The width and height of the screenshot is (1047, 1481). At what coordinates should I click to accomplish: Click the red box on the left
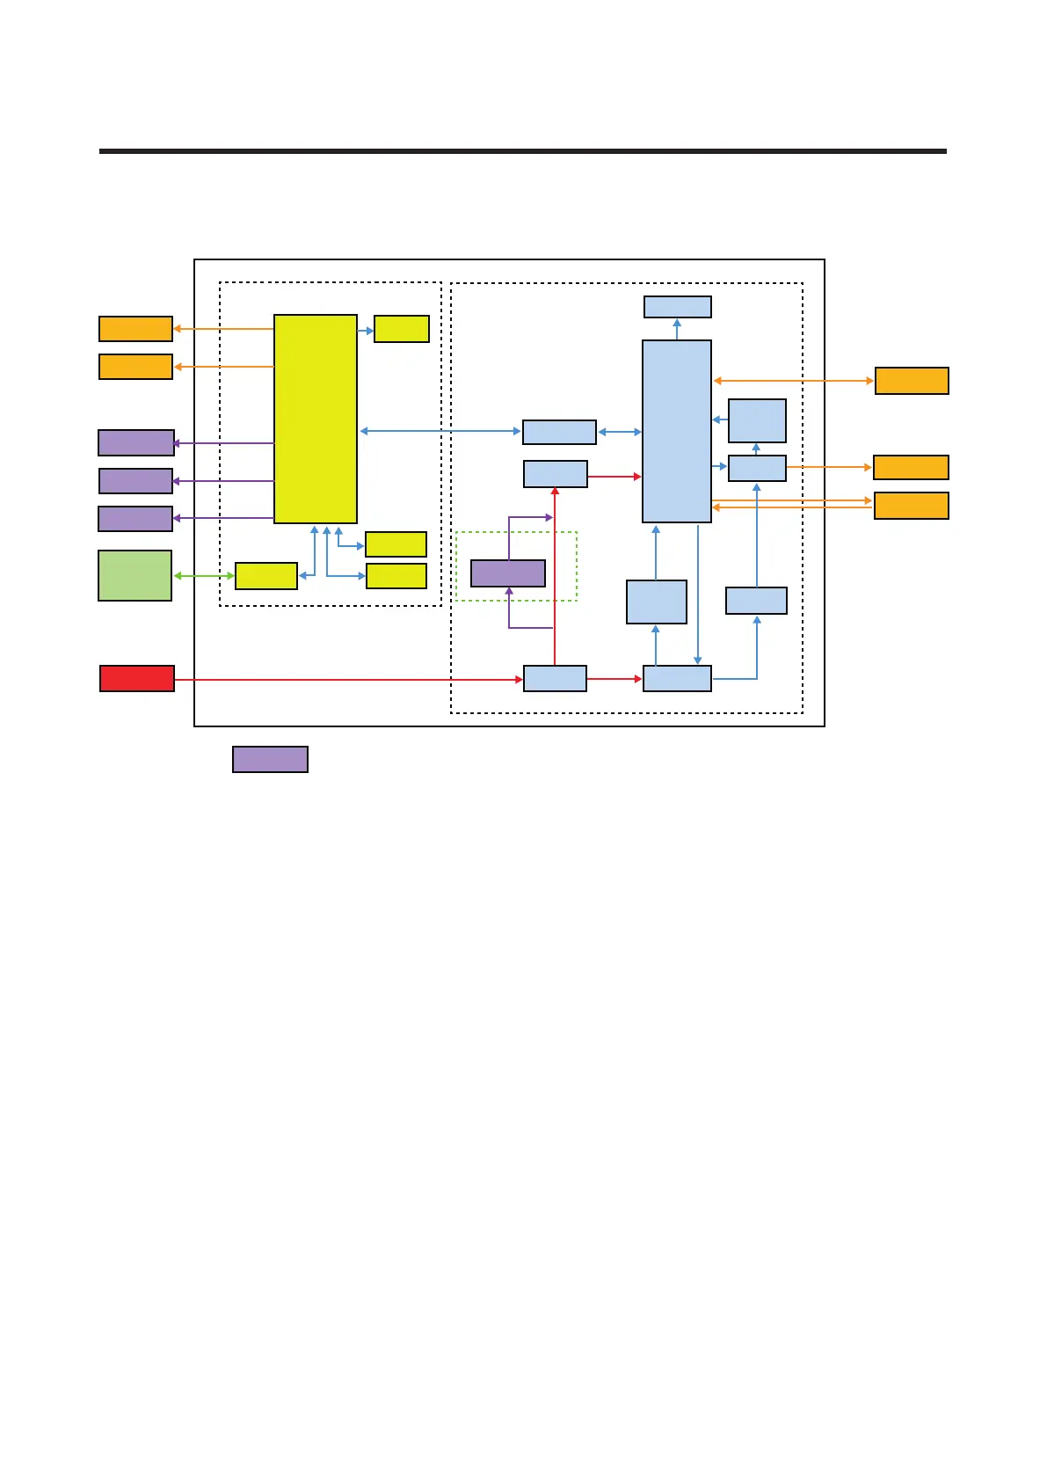tap(136, 679)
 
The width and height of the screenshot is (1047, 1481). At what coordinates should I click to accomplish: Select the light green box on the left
tap(135, 575)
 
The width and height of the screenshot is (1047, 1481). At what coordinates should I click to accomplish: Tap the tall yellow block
tap(315, 419)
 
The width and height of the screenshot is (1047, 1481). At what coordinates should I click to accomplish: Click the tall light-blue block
tap(676, 431)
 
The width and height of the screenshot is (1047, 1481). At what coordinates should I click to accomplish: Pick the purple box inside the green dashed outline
tap(507, 573)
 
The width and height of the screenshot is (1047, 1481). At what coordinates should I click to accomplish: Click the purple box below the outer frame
tap(270, 759)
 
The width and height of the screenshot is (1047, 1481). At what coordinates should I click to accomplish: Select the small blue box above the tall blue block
tap(677, 307)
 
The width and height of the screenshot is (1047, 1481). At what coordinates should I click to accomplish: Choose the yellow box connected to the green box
tap(265, 576)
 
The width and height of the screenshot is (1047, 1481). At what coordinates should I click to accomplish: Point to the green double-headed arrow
tap(203, 576)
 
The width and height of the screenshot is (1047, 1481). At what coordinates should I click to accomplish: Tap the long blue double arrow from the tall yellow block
tap(440, 431)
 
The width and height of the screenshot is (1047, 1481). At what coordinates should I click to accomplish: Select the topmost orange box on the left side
tap(135, 329)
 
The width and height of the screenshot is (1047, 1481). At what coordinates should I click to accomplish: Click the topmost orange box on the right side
tap(912, 381)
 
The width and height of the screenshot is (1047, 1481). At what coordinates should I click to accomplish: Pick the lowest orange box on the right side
tap(911, 506)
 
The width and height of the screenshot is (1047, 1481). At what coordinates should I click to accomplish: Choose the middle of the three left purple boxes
tap(135, 481)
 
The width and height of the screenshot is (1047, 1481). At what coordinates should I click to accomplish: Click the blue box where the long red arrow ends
tap(555, 679)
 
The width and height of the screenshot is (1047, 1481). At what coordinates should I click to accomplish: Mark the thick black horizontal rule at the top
tap(522, 151)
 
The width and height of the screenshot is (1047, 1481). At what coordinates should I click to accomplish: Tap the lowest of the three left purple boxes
tap(135, 519)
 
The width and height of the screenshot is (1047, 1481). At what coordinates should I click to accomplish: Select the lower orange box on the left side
tap(135, 367)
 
